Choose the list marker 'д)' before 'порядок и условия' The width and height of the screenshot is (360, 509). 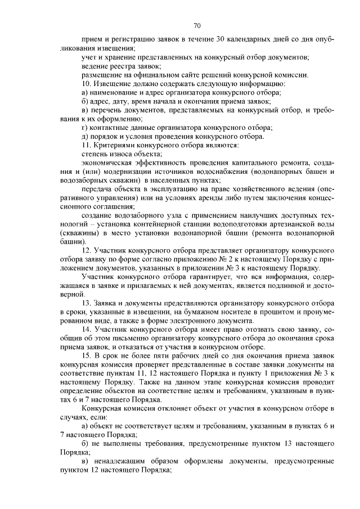[85, 136]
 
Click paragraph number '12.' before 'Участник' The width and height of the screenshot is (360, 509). [87, 250]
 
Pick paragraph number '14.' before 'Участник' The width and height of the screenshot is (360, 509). [87, 328]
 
